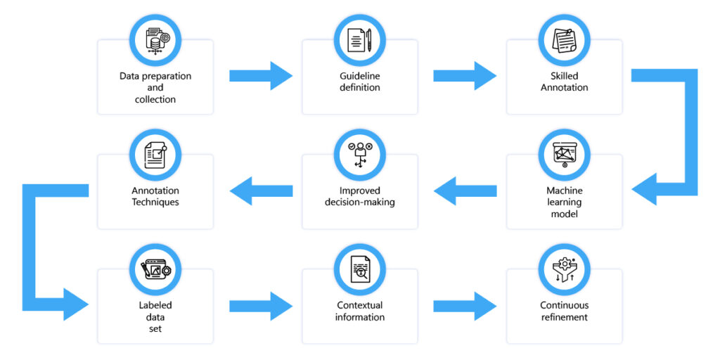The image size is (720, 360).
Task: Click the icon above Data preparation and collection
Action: pos(155,40)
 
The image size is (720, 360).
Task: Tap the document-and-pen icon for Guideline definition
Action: pos(359,40)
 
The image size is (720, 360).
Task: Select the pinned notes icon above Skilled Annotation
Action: pos(564,40)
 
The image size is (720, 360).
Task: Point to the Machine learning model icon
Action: pos(564,155)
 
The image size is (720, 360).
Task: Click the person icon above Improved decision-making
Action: pos(359,155)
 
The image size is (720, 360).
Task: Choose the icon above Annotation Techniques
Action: pos(155,155)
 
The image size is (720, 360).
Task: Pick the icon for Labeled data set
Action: pos(155,269)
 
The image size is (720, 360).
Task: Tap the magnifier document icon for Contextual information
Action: pos(359,269)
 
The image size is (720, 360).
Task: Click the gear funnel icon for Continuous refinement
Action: pos(564,269)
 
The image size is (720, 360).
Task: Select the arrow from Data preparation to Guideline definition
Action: pos(261,76)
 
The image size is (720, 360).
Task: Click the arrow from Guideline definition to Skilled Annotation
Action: pos(465,76)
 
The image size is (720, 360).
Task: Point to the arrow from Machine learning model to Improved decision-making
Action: pos(465,191)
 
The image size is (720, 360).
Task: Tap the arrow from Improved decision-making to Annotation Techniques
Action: pos(261,191)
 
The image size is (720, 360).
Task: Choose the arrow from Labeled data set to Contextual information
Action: pos(261,305)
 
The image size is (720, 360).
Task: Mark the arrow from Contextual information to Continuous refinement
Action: pos(465,305)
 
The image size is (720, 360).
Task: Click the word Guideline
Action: pos(359,76)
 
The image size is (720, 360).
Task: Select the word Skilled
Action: pos(565,76)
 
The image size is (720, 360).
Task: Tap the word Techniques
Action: pos(155,202)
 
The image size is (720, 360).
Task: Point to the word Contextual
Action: pos(359,305)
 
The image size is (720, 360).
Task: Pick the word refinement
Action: pos(565,317)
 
